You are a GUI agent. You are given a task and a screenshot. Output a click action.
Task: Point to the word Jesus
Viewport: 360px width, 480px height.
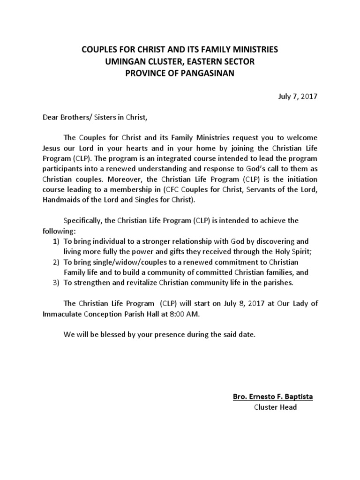click(x=52, y=148)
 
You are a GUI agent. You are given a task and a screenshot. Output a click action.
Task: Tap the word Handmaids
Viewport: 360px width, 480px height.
click(x=60, y=200)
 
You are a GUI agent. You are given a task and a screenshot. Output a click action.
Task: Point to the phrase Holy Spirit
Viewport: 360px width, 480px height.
click(x=292, y=252)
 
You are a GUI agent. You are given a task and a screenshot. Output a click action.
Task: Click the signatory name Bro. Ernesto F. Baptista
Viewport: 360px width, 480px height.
click(x=273, y=397)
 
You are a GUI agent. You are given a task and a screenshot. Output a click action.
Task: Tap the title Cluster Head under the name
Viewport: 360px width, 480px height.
click(x=275, y=407)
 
